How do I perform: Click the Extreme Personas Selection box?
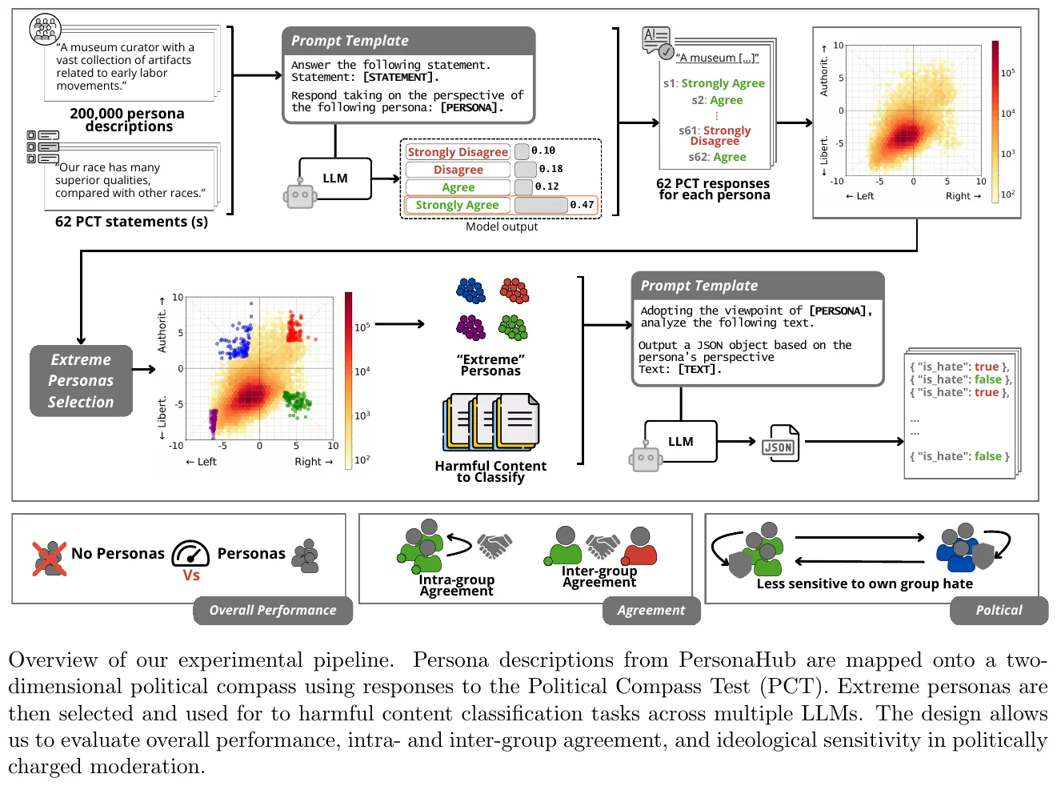pos(81,381)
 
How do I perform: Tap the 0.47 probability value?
pos(582,205)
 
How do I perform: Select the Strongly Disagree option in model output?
pos(458,152)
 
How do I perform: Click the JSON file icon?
pos(780,443)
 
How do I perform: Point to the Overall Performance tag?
pos(273,611)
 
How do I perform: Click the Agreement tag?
pos(651,611)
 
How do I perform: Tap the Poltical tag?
pos(999,611)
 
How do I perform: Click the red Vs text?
pos(191,575)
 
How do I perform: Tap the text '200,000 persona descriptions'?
pos(127,120)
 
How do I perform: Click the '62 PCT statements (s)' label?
pos(131,222)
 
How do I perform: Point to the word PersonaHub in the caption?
pos(737,660)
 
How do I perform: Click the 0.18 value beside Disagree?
pos(551,169)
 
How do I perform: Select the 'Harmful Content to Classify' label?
pos(490,471)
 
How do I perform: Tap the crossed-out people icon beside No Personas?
pos(50,558)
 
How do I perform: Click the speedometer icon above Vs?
pos(190,553)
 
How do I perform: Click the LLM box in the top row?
pos(335,178)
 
